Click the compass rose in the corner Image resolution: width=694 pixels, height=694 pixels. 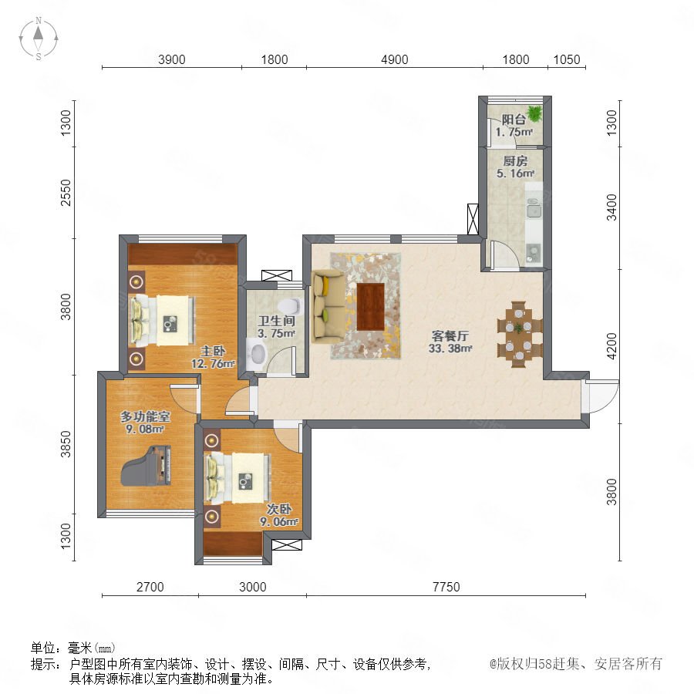(39, 39)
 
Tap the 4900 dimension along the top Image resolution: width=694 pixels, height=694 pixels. (394, 59)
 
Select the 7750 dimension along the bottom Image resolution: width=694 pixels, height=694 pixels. (446, 587)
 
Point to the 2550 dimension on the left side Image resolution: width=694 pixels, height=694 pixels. (66, 193)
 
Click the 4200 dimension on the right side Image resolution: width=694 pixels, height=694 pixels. (611, 346)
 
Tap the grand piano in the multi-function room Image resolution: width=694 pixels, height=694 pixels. (147, 466)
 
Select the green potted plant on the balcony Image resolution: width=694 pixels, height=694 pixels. (534, 113)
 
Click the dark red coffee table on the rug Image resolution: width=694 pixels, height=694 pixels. (370, 307)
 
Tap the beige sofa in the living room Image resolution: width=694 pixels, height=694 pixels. (328, 307)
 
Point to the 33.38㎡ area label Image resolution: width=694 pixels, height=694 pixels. (450, 349)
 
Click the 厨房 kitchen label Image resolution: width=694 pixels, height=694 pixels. (515, 160)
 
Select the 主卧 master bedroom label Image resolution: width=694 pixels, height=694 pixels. (213, 352)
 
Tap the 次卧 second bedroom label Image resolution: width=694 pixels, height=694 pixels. (279, 509)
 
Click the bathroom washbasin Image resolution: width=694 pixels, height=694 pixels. (257, 354)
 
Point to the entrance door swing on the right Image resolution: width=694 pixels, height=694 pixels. (601, 396)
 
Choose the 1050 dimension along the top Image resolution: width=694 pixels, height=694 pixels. (567, 59)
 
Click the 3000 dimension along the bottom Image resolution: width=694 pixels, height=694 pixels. (253, 587)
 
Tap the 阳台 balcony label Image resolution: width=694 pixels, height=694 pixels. (514, 119)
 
